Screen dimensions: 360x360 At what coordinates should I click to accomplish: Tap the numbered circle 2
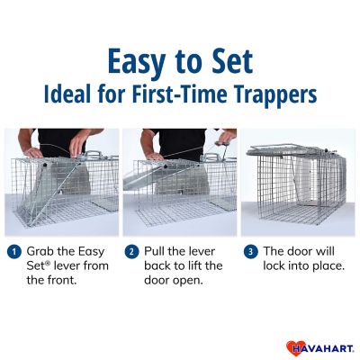(x=131, y=252)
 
